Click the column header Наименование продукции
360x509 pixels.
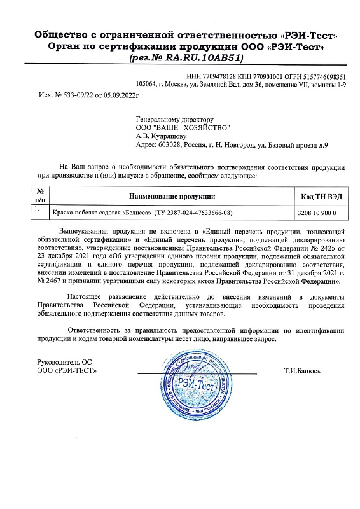point(172,195)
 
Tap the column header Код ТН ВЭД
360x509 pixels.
point(321,195)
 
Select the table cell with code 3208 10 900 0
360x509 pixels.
point(321,212)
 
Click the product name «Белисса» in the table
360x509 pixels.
point(132,212)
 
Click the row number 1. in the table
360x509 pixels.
point(38,209)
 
